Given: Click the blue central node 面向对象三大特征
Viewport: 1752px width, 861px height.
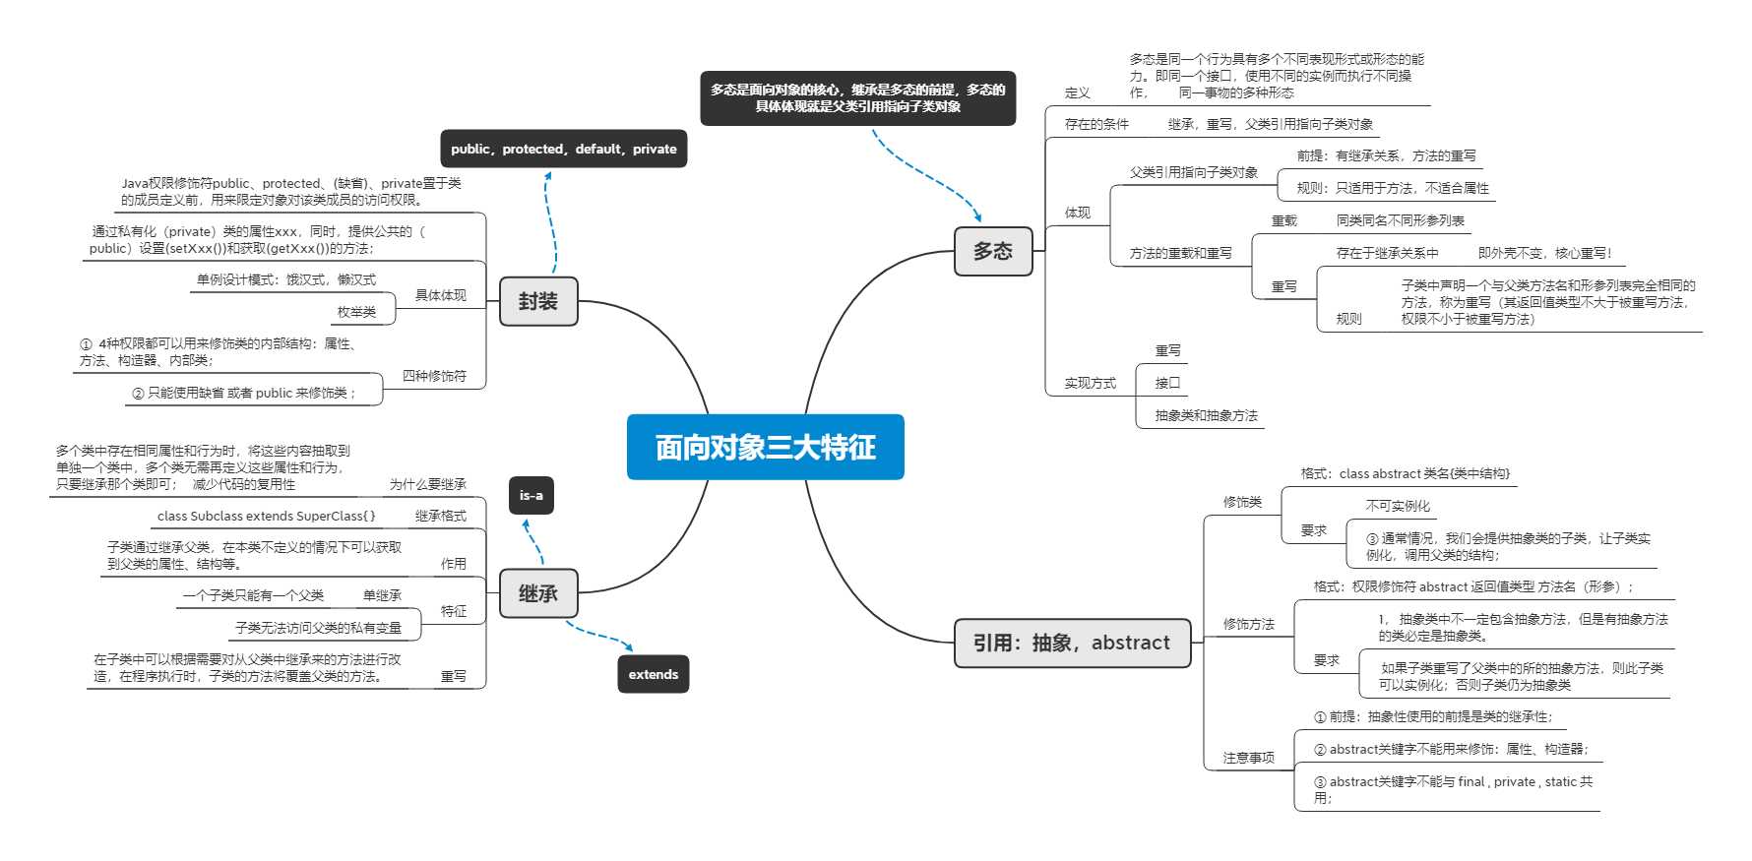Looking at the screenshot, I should point(765,447).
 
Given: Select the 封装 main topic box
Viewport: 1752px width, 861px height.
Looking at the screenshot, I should point(537,301).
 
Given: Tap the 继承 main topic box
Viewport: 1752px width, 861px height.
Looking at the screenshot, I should point(537,593).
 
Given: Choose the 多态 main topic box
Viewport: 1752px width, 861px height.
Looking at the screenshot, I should point(992,251).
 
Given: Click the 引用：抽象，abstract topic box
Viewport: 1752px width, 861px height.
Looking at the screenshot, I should point(1071,643).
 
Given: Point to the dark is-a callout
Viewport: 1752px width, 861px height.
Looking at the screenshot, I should point(531,495).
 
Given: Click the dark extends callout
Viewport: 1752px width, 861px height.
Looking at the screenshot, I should point(653,674).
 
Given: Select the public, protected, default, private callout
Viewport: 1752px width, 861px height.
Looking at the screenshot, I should point(563,149).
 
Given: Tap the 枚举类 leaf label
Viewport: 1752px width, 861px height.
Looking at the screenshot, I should point(356,312).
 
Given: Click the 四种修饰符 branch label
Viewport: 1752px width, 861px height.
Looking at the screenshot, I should point(434,376).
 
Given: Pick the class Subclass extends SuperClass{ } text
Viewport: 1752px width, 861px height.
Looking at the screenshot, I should point(266,516).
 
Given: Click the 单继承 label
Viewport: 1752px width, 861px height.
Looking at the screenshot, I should point(382,595).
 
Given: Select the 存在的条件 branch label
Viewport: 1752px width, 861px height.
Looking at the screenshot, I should point(1096,124).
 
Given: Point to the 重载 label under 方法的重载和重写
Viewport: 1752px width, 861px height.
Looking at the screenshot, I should point(1283,221).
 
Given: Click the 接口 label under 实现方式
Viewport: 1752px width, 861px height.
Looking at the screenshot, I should point(1167,383).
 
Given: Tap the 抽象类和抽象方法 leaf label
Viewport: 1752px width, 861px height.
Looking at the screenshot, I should point(1206,415).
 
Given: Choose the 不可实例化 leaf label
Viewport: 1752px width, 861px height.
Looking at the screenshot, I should point(1397,506).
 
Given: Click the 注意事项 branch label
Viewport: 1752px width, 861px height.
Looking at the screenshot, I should point(1248,758).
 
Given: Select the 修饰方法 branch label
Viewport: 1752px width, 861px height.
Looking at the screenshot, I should point(1248,624).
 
